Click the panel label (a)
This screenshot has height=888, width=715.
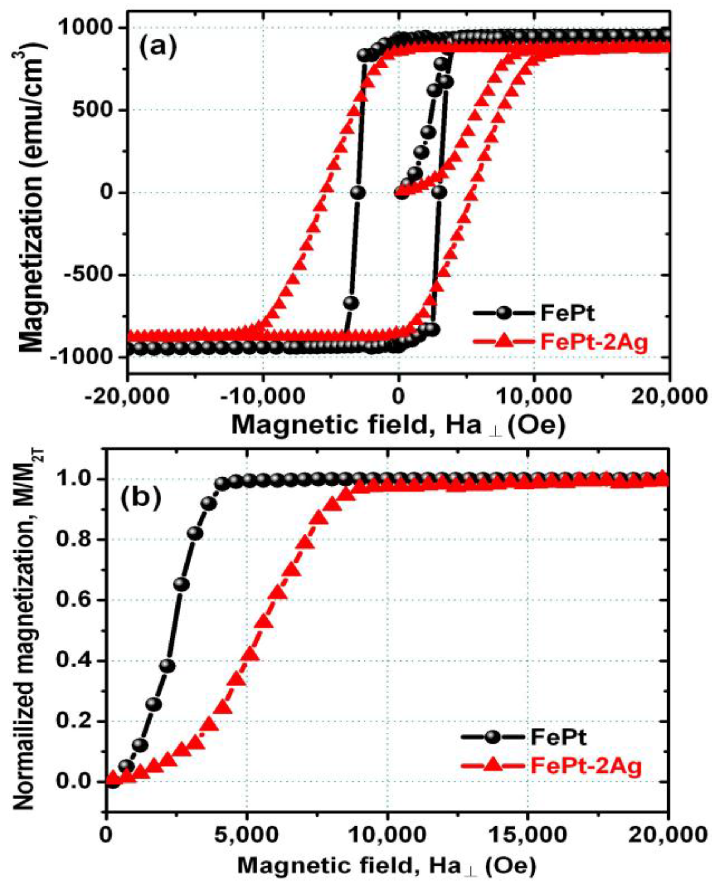point(157,48)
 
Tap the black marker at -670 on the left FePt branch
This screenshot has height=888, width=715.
point(351,303)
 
